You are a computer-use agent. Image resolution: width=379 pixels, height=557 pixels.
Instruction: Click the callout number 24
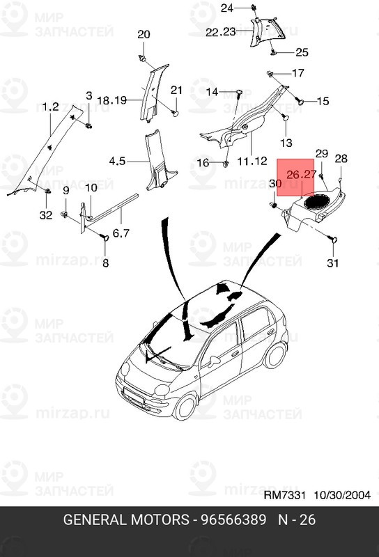coord(227,8)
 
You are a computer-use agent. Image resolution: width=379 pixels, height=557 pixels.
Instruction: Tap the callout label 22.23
coord(221,32)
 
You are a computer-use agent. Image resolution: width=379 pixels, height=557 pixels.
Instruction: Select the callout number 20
coord(144,34)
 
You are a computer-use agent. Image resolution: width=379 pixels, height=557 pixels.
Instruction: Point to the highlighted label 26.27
coord(302,175)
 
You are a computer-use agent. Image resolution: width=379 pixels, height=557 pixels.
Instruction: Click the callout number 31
coord(333,262)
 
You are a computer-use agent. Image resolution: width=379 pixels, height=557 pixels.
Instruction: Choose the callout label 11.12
coord(253,161)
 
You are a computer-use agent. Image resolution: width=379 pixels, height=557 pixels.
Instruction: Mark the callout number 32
coord(45,215)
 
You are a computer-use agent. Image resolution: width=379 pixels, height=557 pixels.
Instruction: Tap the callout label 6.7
coord(106,262)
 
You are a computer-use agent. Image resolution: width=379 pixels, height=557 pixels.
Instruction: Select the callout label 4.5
coord(117,162)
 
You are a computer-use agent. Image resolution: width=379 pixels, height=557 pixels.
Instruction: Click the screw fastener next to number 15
coord(301,102)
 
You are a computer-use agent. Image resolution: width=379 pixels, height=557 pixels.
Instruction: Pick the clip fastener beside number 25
coord(274,52)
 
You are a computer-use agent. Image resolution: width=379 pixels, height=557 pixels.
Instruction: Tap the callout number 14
coord(211,92)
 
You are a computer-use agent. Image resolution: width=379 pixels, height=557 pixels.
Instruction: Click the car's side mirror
coord(214,361)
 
